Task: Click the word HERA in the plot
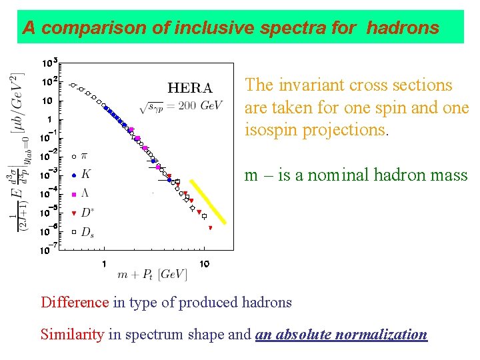pos(190,88)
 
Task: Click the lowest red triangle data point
pos(210,228)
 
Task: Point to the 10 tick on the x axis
pos(205,263)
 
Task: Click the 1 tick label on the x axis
pos(103,263)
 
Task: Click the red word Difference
pos(75,303)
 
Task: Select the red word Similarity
pos(72,335)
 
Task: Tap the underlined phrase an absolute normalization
pos(341,335)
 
